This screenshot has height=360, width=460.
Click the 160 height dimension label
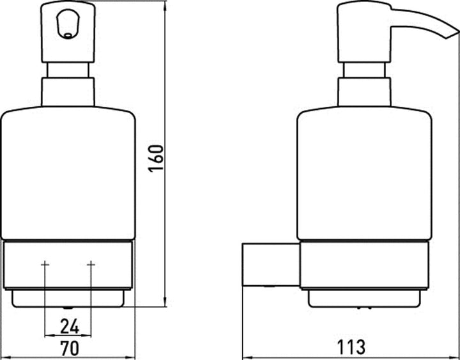pos(156,159)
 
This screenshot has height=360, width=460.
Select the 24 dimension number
pos(70,327)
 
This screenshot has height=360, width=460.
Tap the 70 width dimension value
pos(70,348)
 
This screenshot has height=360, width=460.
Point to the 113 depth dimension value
pos(351,347)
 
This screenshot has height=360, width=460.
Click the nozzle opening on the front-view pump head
pos(68,36)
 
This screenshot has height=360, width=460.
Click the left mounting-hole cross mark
pos(45,265)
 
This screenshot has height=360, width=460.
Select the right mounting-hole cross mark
pos(91,265)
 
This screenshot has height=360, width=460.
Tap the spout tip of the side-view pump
pos(452,34)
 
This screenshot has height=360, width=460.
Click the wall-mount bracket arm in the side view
pos(271,265)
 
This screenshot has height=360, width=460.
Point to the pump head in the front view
pos(68,32)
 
